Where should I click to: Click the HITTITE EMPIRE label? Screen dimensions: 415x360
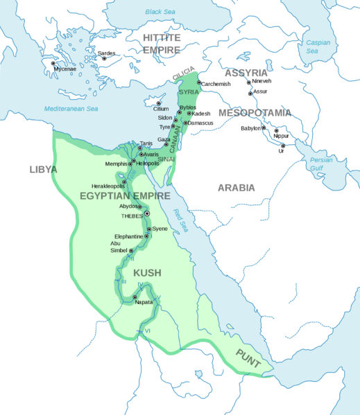(161, 42)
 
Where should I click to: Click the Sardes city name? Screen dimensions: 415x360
(107, 53)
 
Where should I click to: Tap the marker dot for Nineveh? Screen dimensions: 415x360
(249, 82)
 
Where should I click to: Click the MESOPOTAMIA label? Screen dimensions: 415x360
(255, 113)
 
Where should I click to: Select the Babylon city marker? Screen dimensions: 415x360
(264, 128)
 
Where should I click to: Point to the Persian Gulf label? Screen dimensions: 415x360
(321, 165)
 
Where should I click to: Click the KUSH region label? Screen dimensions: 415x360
(147, 273)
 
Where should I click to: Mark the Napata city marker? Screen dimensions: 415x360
(135, 297)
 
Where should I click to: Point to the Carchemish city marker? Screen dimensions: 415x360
(198, 83)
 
